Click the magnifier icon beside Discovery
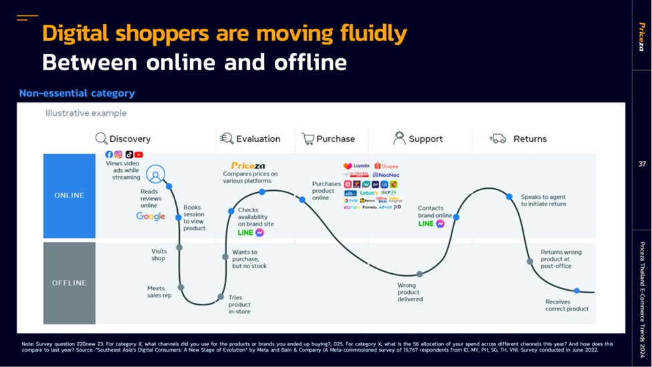coord(101,139)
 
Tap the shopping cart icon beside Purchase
coord(308,139)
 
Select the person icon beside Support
coord(399,139)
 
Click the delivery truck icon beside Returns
coord(498,139)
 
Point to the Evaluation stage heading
coord(257,139)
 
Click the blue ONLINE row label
coord(70,196)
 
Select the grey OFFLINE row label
coord(70,283)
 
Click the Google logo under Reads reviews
coord(150,216)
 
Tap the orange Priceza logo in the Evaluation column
coord(248,165)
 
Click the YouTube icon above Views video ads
coord(138,155)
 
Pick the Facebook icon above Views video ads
coord(109,155)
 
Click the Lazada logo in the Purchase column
coord(356,166)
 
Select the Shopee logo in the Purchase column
coord(386,166)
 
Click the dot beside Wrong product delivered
coord(419,274)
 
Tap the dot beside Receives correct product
coord(576,291)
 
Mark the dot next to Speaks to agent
coord(509,197)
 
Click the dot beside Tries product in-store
coord(221,297)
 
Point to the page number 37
coord(642,164)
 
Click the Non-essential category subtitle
coord(77,93)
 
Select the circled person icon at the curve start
coord(155,175)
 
